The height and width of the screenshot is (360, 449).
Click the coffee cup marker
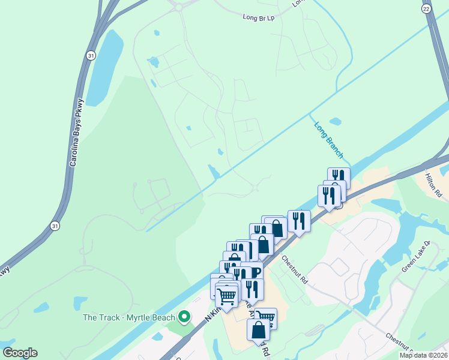pyautogui.click(x=253, y=272)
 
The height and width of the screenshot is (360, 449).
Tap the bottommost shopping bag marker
pyautogui.click(x=258, y=330)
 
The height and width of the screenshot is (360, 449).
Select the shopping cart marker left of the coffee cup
pyautogui.click(x=226, y=295)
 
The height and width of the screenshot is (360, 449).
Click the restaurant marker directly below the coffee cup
pyautogui.click(x=252, y=290)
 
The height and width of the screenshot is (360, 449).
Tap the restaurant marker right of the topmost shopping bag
pyautogui.click(x=298, y=221)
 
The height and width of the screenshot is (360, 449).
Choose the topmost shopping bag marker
pyautogui.click(x=276, y=227)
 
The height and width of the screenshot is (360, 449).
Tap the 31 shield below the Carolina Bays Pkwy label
pyautogui.click(x=55, y=225)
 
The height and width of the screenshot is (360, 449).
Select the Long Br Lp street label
pyautogui.click(x=259, y=19)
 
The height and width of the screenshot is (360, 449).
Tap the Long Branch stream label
pyautogui.click(x=328, y=140)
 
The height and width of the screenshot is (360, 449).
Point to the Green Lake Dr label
pyautogui.click(x=416, y=256)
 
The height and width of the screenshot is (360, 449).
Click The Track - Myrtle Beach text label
pyautogui.click(x=129, y=317)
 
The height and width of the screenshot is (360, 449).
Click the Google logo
pyautogui.click(x=20, y=352)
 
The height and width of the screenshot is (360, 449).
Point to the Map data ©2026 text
pyautogui.click(x=423, y=355)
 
